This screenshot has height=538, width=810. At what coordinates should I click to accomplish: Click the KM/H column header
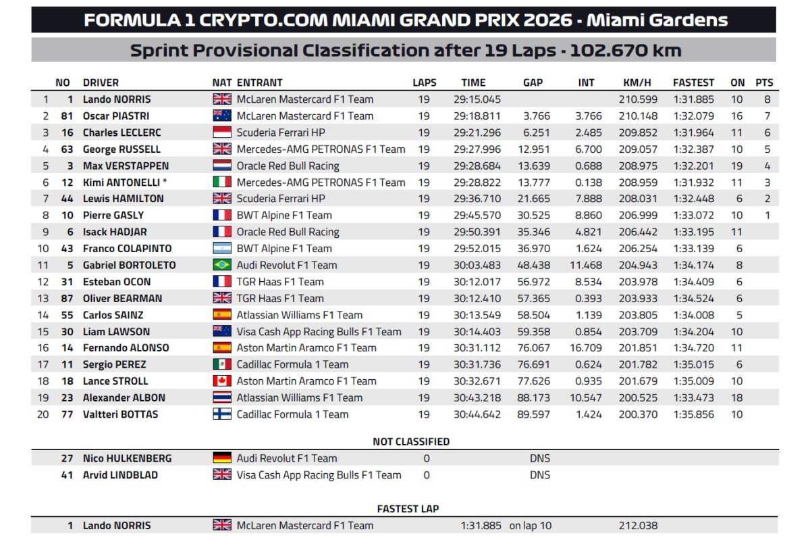click(637, 82)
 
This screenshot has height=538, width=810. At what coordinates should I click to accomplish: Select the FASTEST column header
click(693, 82)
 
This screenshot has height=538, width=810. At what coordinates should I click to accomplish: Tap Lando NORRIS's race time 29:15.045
click(477, 99)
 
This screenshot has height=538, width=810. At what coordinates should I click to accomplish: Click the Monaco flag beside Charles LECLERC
click(222, 132)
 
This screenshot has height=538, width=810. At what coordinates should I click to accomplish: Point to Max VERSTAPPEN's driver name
click(126, 166)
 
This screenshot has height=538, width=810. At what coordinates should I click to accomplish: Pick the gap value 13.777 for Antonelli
click(534, 182)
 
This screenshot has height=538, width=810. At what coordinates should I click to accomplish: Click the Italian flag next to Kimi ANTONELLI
click(222, 182)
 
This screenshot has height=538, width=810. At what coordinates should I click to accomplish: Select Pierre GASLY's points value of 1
click(767, 216)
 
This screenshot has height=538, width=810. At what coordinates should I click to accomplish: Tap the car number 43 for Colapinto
click(67, 249)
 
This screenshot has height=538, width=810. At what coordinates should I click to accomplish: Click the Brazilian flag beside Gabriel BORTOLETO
click(222, 265)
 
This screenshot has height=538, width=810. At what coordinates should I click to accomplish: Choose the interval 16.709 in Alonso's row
click(586, 348)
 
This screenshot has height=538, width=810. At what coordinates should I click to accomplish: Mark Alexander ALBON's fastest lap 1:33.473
click(694, 398)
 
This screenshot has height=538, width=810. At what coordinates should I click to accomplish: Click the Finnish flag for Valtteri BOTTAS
click(222, 414)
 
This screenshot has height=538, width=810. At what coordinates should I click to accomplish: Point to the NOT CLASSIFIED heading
click(411, 442)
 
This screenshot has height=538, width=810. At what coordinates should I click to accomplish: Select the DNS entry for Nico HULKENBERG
click(540, 458)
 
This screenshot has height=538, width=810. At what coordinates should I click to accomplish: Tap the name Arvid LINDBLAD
click(120, 475)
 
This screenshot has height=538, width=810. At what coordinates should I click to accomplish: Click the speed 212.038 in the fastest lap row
click(638, 526)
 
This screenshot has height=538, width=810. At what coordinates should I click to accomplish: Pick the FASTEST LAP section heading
click(408, 509)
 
